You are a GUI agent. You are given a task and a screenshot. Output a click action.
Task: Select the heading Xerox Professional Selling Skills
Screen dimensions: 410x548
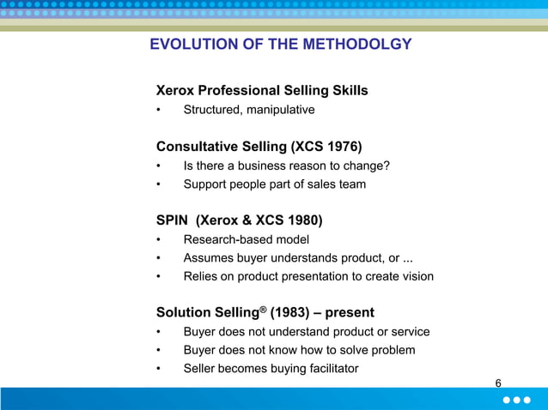pos(262,90)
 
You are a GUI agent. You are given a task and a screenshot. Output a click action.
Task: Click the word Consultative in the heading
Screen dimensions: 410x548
pos(196,146)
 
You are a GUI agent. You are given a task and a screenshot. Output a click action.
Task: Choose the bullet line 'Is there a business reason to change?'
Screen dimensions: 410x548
pos(287,166)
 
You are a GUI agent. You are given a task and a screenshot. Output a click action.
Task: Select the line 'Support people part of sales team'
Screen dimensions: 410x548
pos(274,184)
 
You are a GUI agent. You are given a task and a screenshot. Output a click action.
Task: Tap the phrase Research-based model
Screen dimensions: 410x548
pos(246,239)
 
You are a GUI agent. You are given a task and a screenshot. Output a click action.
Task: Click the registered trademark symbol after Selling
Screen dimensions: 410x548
pos(266,308)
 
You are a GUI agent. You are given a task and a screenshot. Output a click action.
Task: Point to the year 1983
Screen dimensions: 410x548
pos(292,312)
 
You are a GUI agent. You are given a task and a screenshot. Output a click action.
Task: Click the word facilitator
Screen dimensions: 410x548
pos(329,369)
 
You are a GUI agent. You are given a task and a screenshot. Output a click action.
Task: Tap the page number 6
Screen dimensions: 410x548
pos(498,383)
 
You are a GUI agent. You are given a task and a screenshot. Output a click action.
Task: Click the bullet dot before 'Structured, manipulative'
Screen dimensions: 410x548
pos(159,111)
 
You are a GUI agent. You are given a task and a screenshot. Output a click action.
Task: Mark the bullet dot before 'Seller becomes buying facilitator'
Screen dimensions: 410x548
pos(159,370)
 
